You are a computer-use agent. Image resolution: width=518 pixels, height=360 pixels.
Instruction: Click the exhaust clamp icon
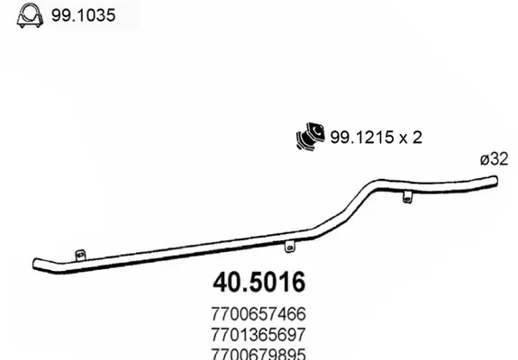pos(30,15)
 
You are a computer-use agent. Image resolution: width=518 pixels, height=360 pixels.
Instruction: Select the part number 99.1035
pos(83,15)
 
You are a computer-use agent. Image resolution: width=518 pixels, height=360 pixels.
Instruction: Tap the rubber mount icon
pos(310,137)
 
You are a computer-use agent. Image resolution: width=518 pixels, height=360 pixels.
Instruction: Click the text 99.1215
pos(362,137)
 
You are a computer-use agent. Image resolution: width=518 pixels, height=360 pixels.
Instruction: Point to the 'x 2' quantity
pos(411,138)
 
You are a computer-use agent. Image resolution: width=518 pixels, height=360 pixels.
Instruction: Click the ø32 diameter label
pos(494,159)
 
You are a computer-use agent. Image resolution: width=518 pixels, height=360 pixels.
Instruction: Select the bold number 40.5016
pos(259,283)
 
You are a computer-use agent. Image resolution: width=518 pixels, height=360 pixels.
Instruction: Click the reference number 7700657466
pos(259,314)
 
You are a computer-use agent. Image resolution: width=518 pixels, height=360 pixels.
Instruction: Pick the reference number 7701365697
pos(259,335)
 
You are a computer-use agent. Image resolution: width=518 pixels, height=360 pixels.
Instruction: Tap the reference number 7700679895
pos(259,354)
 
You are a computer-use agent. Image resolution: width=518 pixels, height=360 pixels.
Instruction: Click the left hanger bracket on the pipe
pos(80,255)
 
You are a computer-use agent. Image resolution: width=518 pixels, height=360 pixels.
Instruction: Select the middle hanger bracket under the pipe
pos(290,247)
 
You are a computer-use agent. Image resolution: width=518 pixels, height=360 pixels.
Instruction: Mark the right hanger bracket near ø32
pos(408,197)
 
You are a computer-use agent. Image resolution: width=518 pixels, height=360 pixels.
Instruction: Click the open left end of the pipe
pos(35,265)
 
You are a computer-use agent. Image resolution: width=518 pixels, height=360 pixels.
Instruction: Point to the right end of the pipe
pos(495,181)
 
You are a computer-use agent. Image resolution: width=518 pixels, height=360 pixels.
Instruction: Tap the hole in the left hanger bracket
pos(80,255)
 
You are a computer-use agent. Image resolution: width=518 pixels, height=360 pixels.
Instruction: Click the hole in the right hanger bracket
pos(408,199)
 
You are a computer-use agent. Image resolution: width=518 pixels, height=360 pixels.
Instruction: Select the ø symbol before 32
pos(485,159)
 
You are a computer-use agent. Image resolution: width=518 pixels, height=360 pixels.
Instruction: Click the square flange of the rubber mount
pos(316,131)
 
